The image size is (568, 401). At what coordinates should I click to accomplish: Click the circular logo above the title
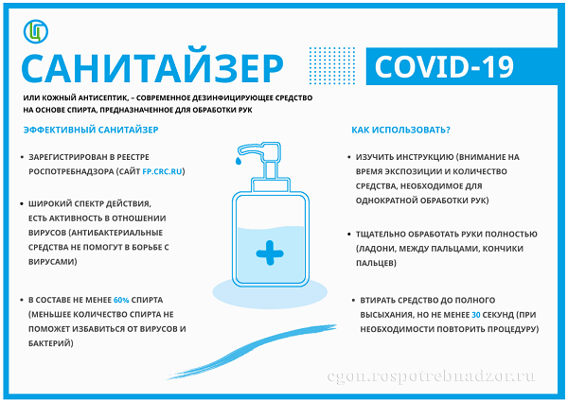[36, 31]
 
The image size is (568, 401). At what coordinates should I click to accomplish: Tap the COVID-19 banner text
[444, 66]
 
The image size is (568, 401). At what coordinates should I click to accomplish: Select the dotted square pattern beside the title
[332, 65]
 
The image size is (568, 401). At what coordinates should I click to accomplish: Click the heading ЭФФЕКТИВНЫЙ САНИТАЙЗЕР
[91, 130]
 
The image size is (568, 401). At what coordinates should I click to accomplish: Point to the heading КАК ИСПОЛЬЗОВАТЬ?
[400, 130]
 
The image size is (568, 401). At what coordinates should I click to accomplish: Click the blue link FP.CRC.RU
[162, 171]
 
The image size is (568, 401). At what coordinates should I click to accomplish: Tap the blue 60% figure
[121, 300]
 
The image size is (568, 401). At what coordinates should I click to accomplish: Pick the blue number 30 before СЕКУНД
[475, 315]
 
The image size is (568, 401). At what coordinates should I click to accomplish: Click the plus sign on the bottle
[270, 253]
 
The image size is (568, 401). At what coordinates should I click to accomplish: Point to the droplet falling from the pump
[238, 161]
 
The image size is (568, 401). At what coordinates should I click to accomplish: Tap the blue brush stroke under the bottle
[252, 352]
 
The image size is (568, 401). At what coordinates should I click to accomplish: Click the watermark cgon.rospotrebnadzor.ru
[431, 376]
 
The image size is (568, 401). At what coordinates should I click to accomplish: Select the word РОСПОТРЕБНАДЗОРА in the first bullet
[71, 171]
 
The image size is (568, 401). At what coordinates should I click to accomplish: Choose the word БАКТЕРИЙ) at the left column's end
[51, 343]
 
